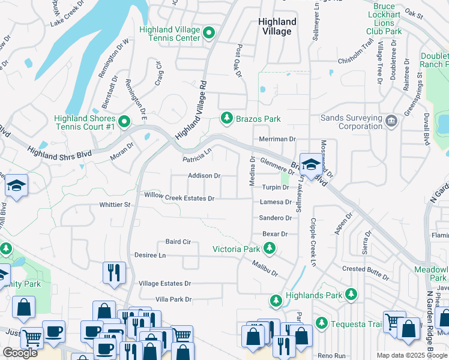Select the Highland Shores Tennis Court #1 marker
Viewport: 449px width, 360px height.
click(124, 122)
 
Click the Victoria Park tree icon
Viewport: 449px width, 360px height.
click(270, 248)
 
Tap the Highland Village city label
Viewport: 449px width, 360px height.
click(277, 26)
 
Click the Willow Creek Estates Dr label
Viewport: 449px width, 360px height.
click(179, 196)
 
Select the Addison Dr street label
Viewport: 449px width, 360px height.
click(204, 176)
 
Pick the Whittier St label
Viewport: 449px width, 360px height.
click(115, 205)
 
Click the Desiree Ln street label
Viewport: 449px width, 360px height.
click(149, 256)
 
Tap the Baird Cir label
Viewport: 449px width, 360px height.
click(178, 242)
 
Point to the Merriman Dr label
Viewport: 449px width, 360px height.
click(278, 139)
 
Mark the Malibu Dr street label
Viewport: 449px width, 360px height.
click(265, 268)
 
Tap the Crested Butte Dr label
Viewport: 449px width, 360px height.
click(365, 270)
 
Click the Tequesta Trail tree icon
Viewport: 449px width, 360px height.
click(322, 324)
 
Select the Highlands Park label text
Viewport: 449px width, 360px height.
click(313, 295)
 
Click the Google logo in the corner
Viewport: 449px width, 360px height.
click(20, 353)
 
